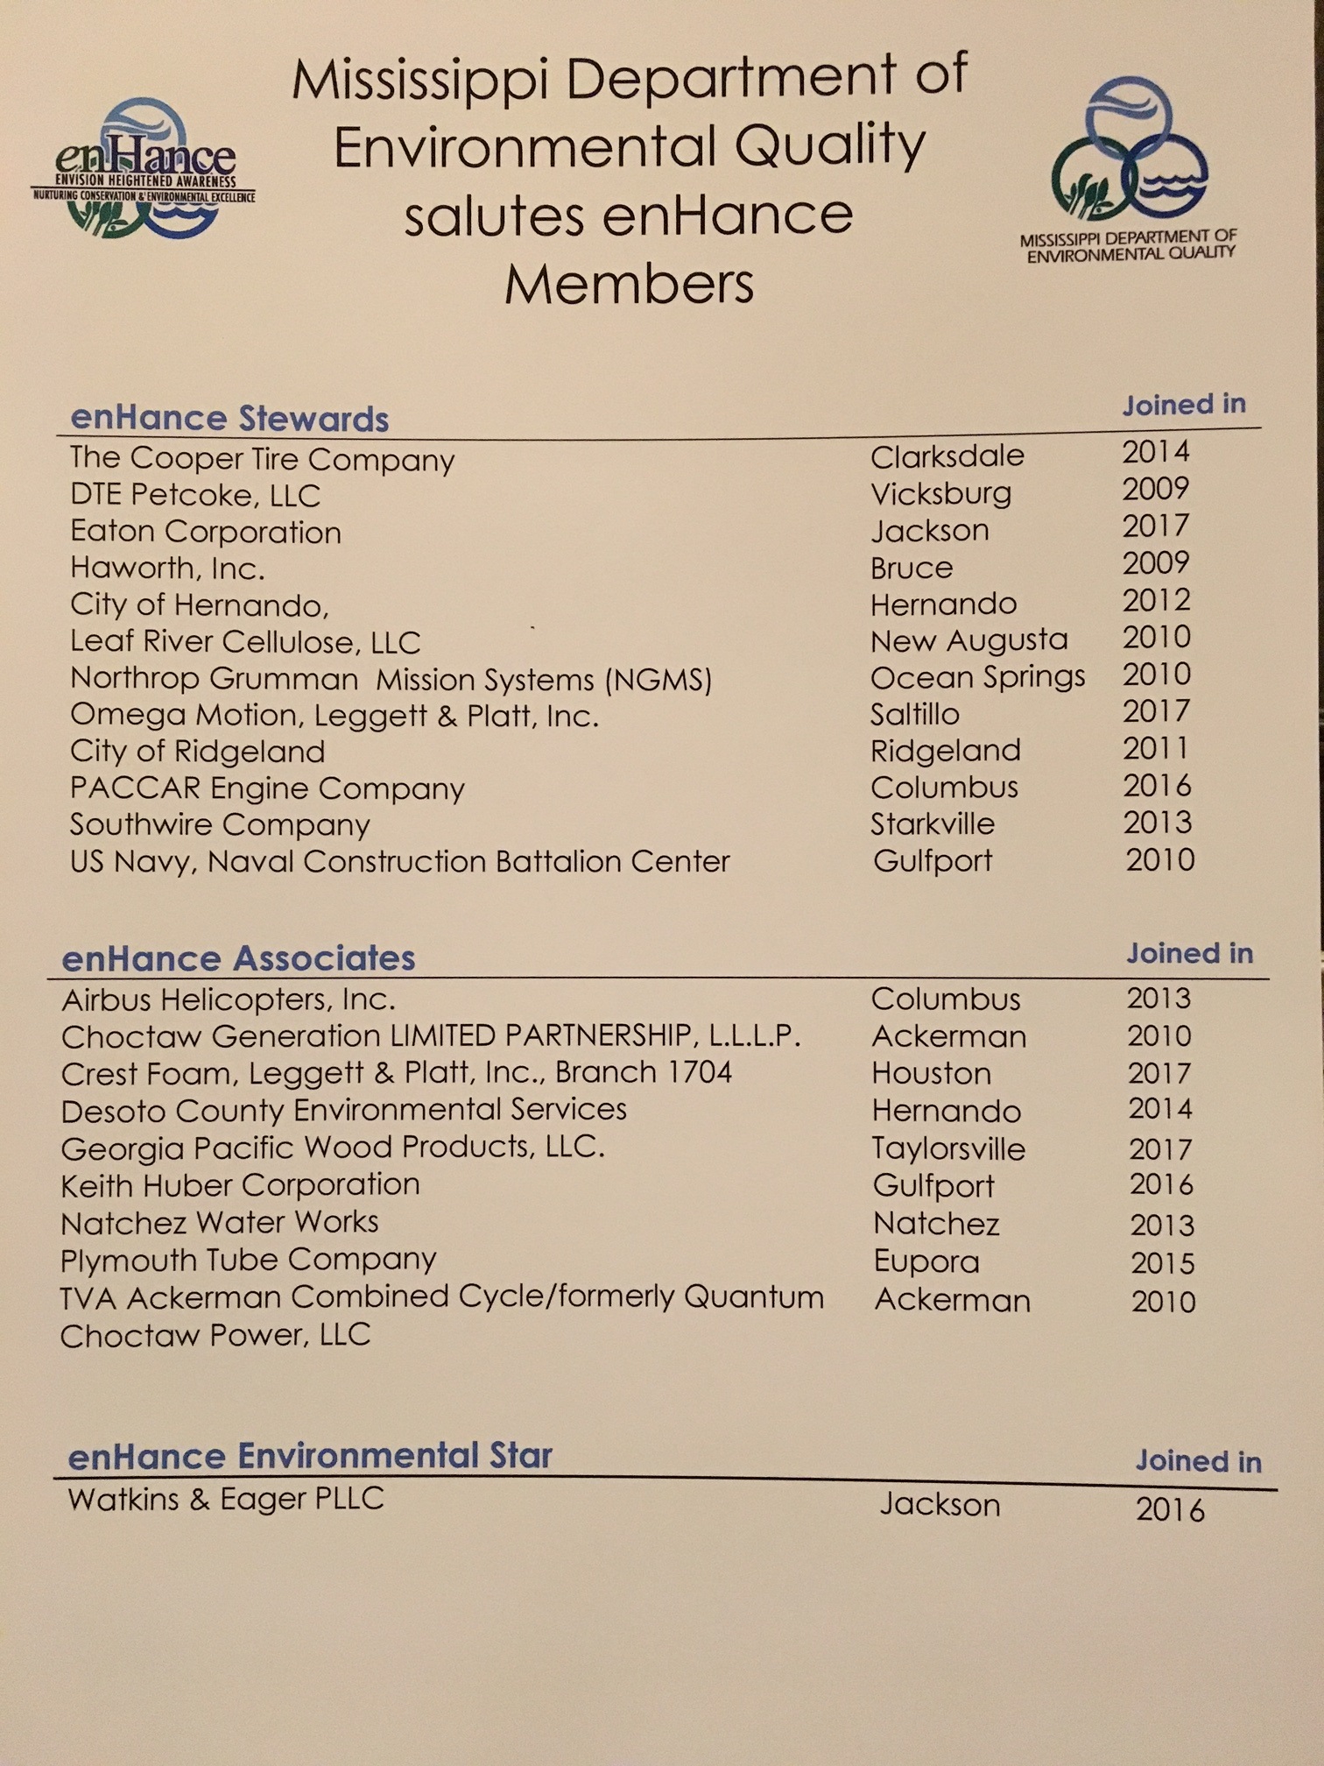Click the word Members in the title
pos(629,284)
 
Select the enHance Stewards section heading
pos(229,419)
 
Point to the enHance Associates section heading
pos(238,958)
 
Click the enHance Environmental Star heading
pos(310,1456)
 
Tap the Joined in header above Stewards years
pos(1184,405)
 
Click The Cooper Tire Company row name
pos(262,458)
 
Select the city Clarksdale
pos(947,456)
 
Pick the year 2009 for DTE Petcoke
pos(1156,489)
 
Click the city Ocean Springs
pos(977,677)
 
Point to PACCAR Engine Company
pos(267,788)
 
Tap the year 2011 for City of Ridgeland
pos(1156,749)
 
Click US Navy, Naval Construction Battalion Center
pos(399,862)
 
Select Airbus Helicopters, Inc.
pos(228,1000)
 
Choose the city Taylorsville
pos(948,1148)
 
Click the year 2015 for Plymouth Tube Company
pos(1162,1263)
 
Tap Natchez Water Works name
pos(219,1223)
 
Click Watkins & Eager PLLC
pos(226,1499)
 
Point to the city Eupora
pos(926,1261)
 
